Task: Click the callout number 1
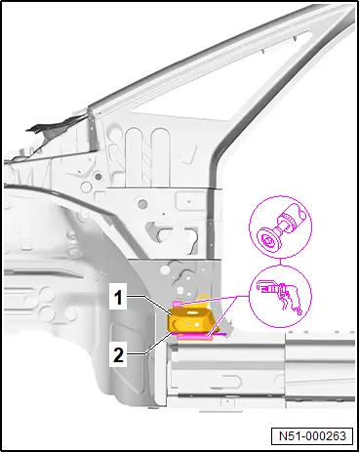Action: point(118,298)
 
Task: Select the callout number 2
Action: point(118,354)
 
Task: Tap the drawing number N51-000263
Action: point(312,435)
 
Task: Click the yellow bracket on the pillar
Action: point(189,319)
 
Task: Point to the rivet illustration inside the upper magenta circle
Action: point(281,227)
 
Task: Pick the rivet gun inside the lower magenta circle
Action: point(280,296)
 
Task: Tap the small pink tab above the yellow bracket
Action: point(179,304)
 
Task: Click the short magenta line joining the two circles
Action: point(280,262)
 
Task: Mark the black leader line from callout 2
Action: point(158,344)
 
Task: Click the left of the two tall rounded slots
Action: point(135,157)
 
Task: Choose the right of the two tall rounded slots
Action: point(161,157)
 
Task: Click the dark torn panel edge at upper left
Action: point(56,130)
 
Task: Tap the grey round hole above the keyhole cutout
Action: point(142,204)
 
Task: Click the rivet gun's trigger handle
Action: point(287,301)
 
